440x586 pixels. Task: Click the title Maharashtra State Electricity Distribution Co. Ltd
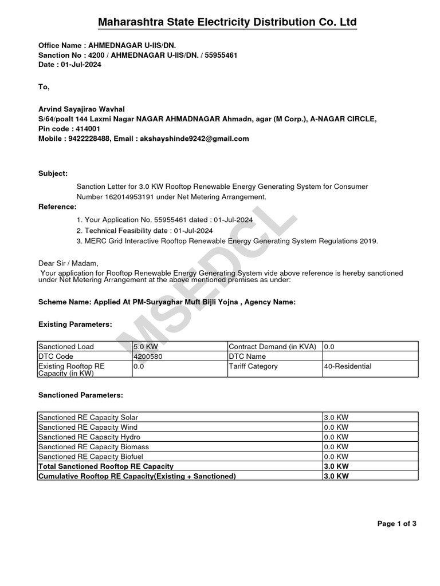pyautogui.click(x=227, y=22)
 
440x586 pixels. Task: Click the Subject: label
pyautogui.click(x=53, y=173)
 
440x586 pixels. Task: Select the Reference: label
pyautogui.click(x=57, y=206)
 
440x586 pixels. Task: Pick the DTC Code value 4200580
pyautogui.click(x=147, y=357)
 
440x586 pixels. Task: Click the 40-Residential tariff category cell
pyautogui.click(x=348, y=366)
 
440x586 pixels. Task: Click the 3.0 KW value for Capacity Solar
pyautogui.click(x=336, y=418)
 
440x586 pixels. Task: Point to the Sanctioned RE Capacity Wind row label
pyautogui.click(x=88, y=427)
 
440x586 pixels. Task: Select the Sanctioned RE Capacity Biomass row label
pyautogui.click(x=92, y=446)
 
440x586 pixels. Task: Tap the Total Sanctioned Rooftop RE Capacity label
pyautogui.click(x=105, y=466)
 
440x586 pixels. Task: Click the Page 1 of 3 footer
pyautogui.click(x=396, y=524)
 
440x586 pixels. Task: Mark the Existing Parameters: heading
pyautogui.click(x=74, y=324)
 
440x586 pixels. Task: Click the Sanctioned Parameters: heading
pyautogui.click(x=80, y=395)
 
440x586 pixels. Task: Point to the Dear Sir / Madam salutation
pyautogui.click(x=68, y=263)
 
